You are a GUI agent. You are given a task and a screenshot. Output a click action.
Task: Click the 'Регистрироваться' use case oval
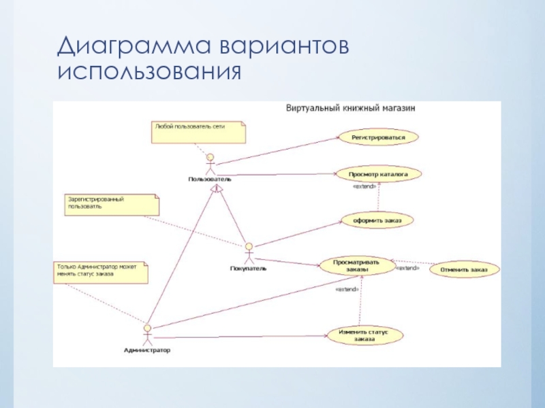tap(378, 137)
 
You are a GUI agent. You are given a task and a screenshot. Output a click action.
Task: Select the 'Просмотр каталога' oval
tap(379, 174)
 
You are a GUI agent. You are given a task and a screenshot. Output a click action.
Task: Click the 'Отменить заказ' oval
tap(464, 270)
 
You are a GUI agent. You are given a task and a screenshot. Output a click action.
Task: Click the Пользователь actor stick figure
tap(211, 164)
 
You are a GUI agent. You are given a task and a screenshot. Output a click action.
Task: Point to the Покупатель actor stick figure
tap(249, 253)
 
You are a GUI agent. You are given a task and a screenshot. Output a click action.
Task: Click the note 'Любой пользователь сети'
tap(198, 132)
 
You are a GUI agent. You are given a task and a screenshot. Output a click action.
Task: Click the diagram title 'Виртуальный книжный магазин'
tap(351, 108)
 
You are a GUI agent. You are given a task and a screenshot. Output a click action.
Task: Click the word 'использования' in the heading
tap(150, 71)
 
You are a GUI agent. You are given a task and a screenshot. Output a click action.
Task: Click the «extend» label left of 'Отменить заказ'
tap(408, 269)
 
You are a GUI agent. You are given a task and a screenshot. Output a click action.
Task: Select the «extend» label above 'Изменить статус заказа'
tap(347, 290)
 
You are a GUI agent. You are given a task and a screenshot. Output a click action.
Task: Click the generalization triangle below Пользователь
tap(217, 190)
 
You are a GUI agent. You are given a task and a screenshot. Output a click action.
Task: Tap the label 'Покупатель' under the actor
tap(249, 269)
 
